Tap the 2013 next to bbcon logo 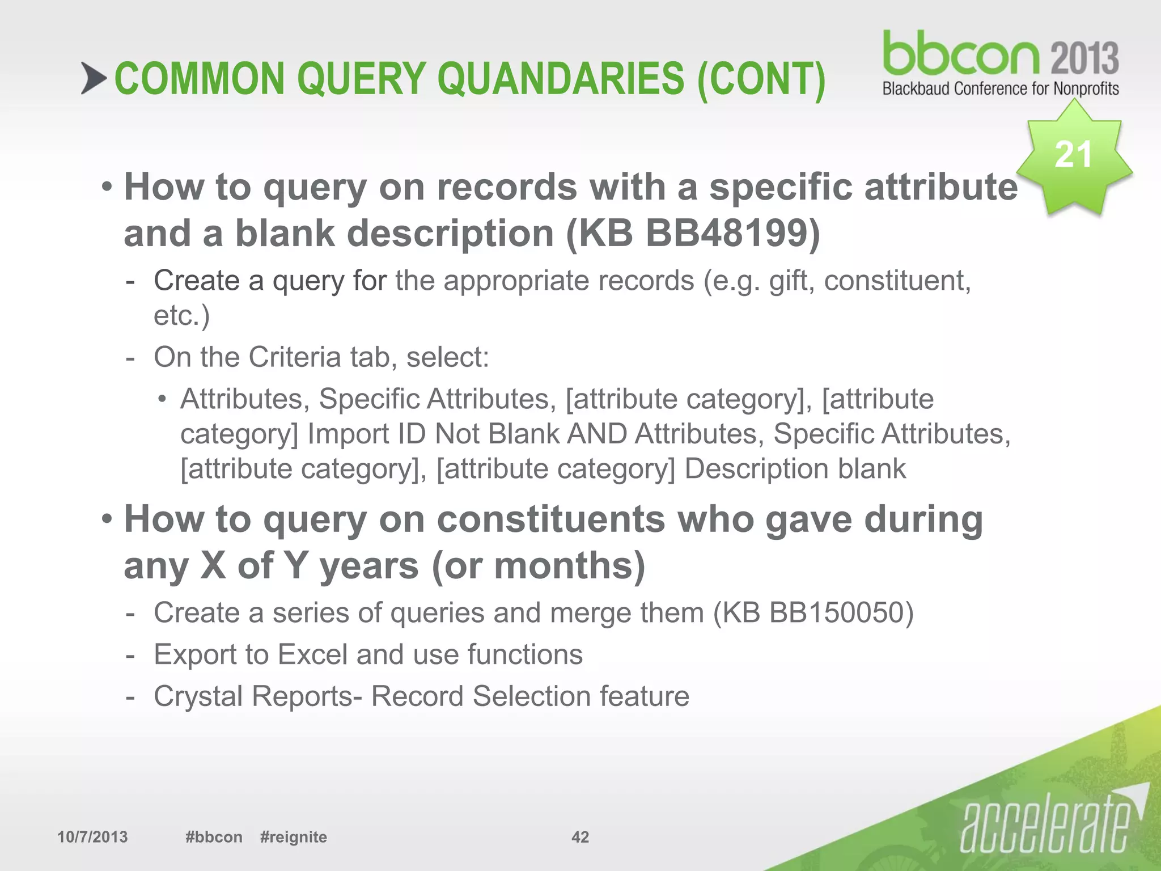click(x=1084, y=58)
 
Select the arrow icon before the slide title click(x=94, y=78)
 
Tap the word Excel click(x=312, y=654)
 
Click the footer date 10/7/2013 click(x=92, y=837)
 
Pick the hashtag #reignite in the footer click(x=293, y=837)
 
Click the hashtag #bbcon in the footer click(x=214, y=837)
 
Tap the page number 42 click(x=580, y=837)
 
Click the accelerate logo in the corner click(x=1046, y=825)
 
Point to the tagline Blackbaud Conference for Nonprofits click(x=1000, y=89)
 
